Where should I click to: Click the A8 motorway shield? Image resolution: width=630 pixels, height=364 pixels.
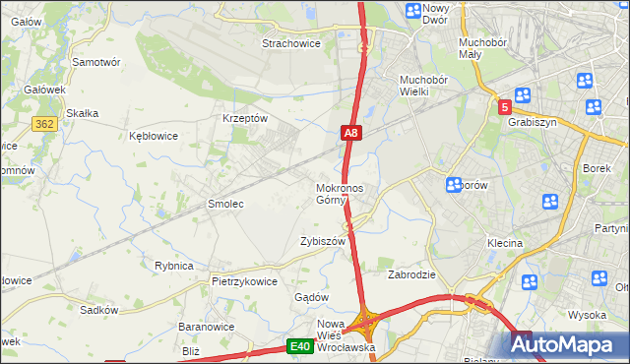pyautogui.click(x=352, y=132)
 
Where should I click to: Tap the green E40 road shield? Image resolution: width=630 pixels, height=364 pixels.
pyautogui.click(x=300, y=346)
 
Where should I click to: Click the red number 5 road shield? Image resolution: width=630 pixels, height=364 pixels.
pyautogui.click(x=504, y=107)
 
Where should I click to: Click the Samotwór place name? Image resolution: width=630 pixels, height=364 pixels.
pyautogui.click(x=96, y=61)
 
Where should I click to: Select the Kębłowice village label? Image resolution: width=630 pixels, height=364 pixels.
pyautogui.click(x=154, y=136)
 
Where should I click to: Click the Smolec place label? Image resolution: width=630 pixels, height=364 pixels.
pyautogui.click(x=224, y=204)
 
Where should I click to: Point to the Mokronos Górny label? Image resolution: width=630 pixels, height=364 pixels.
pyautogui.click(x=340, y=194)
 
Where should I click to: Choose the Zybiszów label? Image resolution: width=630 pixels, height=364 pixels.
pyautogui.click(x=323, y=241)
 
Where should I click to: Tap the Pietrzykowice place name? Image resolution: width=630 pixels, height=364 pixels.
pyautogui.click(x=244, y=280)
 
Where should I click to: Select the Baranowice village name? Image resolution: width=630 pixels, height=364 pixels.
pyautogui.click(x=204, y=326)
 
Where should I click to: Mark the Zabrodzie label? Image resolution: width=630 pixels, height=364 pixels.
pyautogui.click(x=411, y=274)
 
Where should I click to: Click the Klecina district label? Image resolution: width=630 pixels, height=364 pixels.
pyautogui.click(x=504, y=242)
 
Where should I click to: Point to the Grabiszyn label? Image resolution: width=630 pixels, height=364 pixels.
pyautogui.click(x=533, y=124)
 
